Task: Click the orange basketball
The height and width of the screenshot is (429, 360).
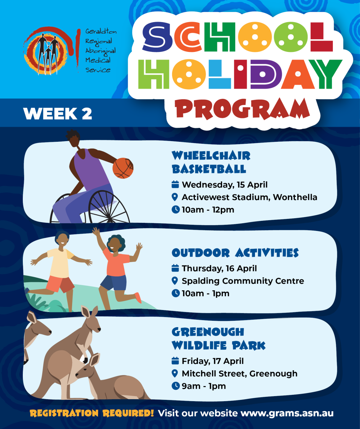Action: [123, 168]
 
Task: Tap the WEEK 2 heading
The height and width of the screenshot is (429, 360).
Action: [58, 113]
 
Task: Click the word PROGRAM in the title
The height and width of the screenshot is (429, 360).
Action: [242, 109]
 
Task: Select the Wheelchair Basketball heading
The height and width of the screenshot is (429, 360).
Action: [211, 162]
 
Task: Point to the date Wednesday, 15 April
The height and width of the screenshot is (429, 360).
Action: [225, 184]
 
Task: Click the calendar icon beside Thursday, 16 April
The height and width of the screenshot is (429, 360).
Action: [175, 268]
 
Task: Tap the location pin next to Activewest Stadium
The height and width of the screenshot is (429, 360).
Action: [175, 197]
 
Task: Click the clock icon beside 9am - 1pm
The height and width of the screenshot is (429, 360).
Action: [175, 386]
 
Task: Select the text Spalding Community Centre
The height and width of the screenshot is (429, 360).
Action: [243, 281]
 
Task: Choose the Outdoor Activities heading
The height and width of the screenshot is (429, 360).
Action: [235, 253]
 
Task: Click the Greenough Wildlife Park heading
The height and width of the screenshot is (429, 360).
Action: [218, 339]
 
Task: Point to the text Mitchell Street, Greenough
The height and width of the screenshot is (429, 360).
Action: [240, 373]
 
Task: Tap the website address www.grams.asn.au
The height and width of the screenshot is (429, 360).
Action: [287, 413]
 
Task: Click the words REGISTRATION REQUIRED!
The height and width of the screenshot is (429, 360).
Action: [92, 413]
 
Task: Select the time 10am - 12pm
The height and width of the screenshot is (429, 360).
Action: [208, 210]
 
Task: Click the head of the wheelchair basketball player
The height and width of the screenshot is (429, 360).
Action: [73, 138]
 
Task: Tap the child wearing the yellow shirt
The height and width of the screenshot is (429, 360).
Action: [60, 269]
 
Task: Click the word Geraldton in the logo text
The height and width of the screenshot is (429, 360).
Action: [101, 32]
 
